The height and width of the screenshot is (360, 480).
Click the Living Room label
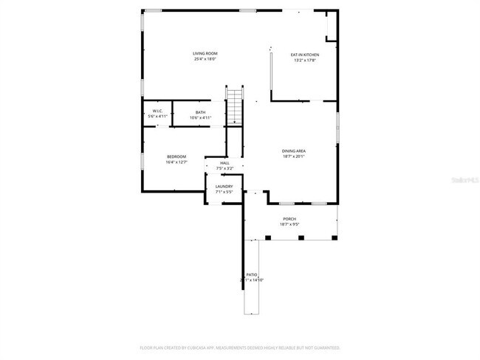205,53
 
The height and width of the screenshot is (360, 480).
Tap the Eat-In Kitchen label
304,55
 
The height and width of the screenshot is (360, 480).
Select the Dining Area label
293,150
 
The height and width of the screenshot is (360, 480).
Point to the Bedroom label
176,156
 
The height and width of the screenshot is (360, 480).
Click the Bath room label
201,112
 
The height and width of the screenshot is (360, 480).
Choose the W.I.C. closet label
158,112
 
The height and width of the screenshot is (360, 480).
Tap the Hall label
224,163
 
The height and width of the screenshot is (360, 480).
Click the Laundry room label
224,186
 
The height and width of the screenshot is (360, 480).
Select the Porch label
289,219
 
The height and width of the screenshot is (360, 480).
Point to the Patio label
252,274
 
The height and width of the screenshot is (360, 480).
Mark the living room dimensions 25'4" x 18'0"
205,59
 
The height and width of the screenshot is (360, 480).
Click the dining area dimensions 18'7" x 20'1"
293,156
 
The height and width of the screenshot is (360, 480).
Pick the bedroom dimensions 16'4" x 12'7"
176,162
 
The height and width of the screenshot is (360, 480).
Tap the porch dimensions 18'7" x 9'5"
289,225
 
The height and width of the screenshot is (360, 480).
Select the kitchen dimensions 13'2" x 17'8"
304,60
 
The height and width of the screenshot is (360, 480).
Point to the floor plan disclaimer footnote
240,347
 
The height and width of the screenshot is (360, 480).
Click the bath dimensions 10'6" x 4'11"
201,118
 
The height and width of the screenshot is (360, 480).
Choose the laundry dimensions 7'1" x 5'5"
224,192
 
